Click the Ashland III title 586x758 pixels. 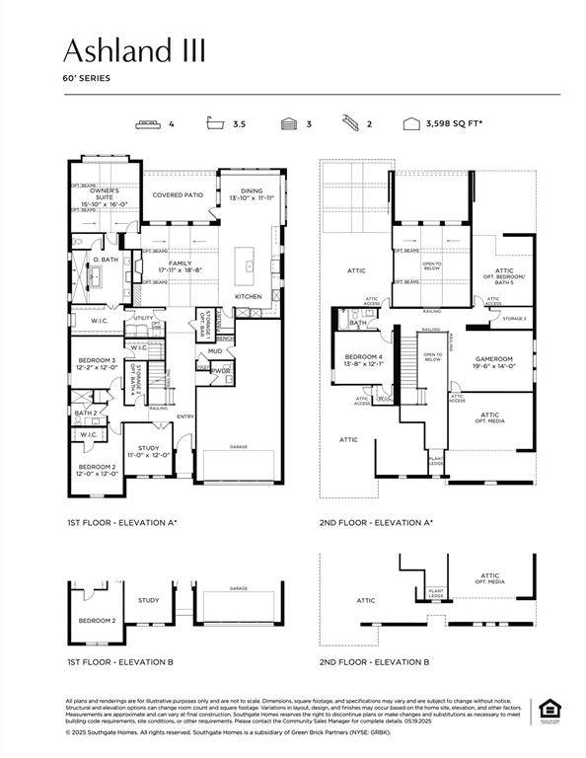click(x=135, y=51)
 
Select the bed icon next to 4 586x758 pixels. click(x=149, y=124)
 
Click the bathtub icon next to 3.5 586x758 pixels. click(x=214, y=124)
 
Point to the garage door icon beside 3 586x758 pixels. click(x=289, y=124)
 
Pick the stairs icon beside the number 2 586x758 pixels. click(x=350, y=124)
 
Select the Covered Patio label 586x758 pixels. click(x=178, y=194)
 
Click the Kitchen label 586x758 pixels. click(x=247, y=296)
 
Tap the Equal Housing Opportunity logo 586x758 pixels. click(x=548, y=710)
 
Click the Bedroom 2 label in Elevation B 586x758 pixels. click(x=98, y=620)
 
